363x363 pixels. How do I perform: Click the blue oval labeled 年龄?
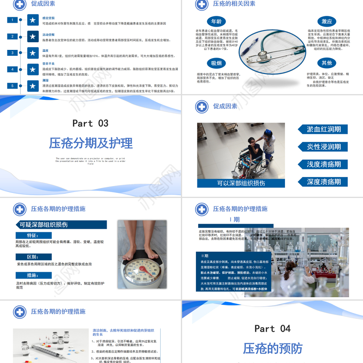(x=216, y=22)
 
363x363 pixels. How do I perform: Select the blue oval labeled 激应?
(x=327, y=22)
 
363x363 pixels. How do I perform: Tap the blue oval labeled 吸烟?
(x=216, y=63)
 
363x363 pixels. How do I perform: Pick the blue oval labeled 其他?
(x=327, y=63)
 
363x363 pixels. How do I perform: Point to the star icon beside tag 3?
(x=32, y=53)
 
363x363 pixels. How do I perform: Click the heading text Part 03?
(x=91, y=123)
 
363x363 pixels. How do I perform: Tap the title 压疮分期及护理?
(x=91, y=143)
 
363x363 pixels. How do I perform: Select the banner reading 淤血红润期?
(x=324, y=129)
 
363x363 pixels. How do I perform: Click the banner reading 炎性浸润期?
(x=324, y=147)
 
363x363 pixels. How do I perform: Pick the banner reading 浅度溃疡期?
(x=324, y=164)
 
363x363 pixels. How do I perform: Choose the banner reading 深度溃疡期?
(x=324, y=182)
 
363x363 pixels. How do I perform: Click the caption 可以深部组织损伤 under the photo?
(x=241, y=183)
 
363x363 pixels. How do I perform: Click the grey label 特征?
(x=32, y=235)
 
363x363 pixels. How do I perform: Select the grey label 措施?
(x=32, y=275)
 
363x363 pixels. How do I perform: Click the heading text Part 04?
(x=272, y=329)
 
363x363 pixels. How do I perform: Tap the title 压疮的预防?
(x=272, y=348)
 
